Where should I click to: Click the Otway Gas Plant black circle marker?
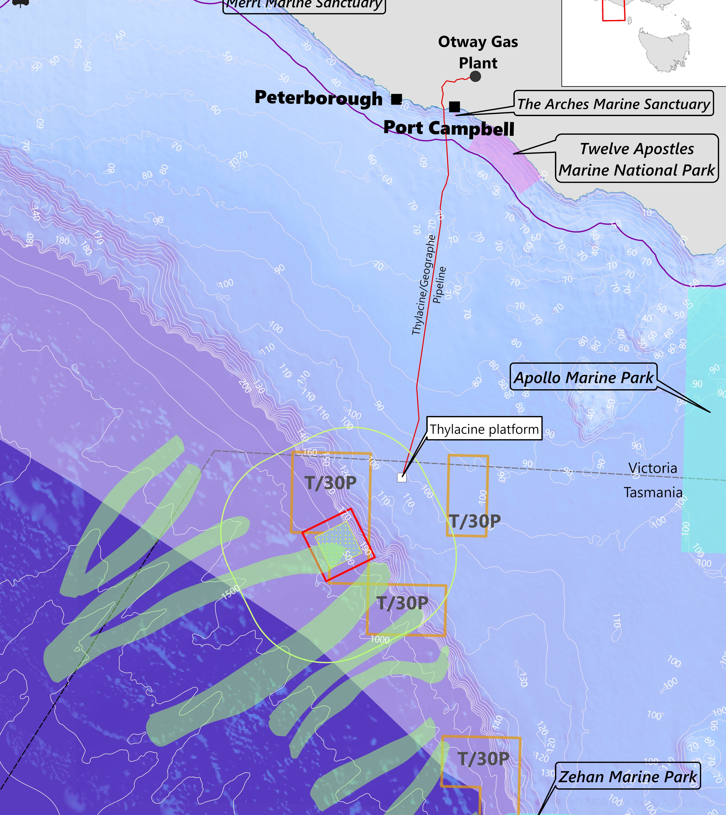pyautogui.click(x=475, y=76)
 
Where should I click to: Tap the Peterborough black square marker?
pyautogui.click(x=396, y=99)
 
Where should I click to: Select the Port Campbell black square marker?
pyautogui.click(x=454, y=106)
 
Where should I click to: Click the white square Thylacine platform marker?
pyautogui.click(x=401, y=477)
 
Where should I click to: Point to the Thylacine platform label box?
pyautogui.click(x=484, y=429)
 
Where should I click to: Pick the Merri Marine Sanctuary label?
pyautogui.click(x=304, y=5)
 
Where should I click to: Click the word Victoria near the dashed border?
pyautogui.click(x=653, y=468)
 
